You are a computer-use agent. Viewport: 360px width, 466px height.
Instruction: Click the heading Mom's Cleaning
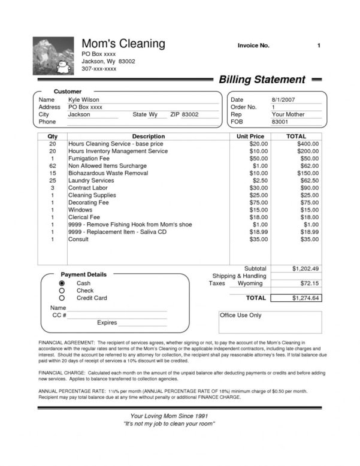(x=123, y=44)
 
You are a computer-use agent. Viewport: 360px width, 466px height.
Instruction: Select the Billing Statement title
(x=262, y=80)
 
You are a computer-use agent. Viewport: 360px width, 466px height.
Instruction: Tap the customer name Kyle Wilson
(x=84, y=99)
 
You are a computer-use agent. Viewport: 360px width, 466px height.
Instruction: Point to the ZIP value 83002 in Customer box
(x=190, y=114)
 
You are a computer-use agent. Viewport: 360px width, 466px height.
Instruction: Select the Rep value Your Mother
(x=288, y=114)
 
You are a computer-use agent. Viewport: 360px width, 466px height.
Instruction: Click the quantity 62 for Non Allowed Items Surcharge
(x=52, y=166)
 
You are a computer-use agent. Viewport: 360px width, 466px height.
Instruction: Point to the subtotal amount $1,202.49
(x=306, y=268)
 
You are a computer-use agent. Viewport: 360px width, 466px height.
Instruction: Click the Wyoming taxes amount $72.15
(x=310, y=283)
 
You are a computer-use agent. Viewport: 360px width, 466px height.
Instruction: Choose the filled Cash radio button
(x=61, y=283)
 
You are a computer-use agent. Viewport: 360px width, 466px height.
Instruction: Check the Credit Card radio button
(x=61, y=298)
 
